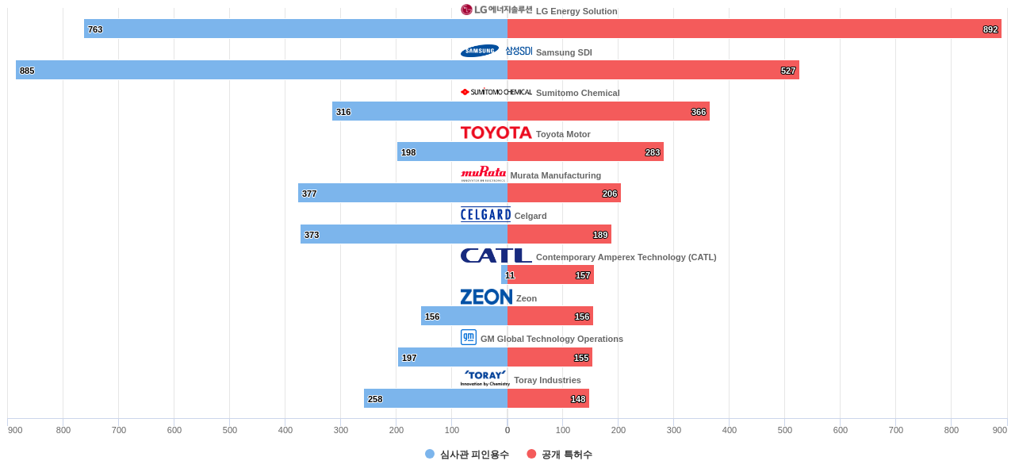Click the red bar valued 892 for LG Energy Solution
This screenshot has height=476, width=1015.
coord(753,29)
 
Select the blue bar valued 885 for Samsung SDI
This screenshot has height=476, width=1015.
coord(262,70)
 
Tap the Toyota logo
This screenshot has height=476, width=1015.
coord(496,132)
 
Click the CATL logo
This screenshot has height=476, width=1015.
coord(496,255)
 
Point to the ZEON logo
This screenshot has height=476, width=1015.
coord(486,297)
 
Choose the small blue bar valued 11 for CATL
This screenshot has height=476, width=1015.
coord(504,274)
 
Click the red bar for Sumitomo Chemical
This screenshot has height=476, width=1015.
coord(608,111)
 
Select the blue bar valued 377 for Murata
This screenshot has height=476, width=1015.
coord(403,193)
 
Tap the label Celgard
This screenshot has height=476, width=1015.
coord(530,216)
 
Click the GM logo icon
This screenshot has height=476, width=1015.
coord(469,337)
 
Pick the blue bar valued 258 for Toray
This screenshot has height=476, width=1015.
coord(435,398)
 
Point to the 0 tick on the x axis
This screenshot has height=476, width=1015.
coord(507,430)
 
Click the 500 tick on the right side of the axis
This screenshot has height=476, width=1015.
coord(785,430)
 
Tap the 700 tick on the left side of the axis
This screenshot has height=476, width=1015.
coord(119,430)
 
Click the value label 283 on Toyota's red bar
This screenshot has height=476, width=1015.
coord(652,152)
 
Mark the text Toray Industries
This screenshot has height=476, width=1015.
coord(547,380)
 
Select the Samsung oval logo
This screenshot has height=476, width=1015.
coord(480,52)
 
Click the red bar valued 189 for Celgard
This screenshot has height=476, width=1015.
coord(559,234)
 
